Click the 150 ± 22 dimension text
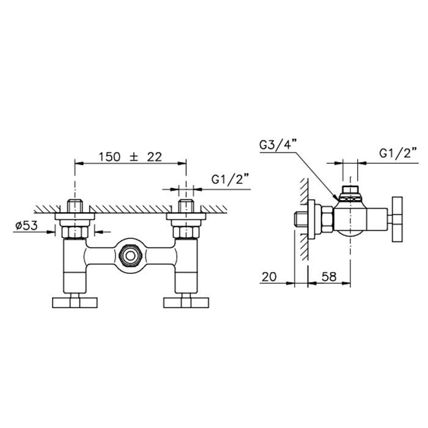[130, 157]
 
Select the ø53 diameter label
[26, 226]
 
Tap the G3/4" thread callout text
[278, 145]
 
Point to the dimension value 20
[269, 276]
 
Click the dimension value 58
[329, 276]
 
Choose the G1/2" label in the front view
[227, 179]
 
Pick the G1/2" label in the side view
[398, 153]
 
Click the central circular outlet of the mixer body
[130, 256]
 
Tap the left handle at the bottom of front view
[75, 303]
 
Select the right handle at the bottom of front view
[186, 303]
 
